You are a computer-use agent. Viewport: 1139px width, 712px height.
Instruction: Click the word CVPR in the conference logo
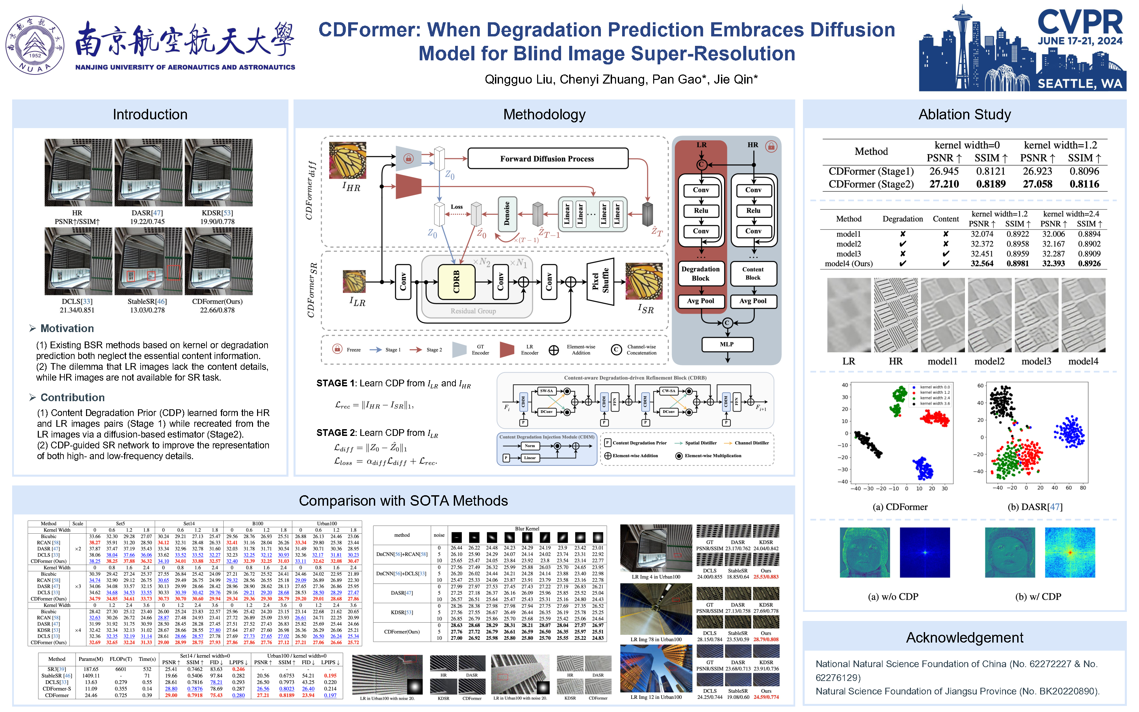tap(1080, 23)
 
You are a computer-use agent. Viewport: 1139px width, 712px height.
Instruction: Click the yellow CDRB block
tap(456, 281)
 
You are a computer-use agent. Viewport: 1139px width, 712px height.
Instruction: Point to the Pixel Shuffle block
tap(600, 281)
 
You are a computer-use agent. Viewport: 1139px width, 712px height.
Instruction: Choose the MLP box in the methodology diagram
tap(727, 344)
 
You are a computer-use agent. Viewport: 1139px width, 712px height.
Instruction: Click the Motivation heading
tap(67, 328)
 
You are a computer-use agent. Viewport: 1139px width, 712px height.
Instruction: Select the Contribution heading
tap(73, 397)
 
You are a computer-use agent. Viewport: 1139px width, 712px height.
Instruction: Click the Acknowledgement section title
tap(964, 637)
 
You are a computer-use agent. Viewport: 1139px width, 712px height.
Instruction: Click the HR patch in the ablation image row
tap(895, 315)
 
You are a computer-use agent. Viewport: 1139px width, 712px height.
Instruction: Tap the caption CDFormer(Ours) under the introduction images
tap(217, 301)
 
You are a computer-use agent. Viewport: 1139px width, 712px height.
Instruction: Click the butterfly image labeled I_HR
tap(347, 160)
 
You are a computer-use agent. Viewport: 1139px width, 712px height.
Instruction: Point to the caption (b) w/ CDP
tap(1038, 597)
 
